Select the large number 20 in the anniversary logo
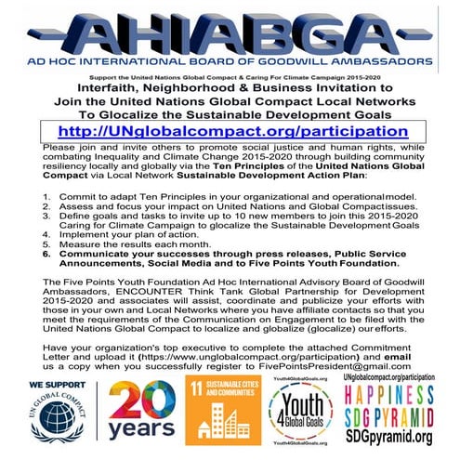coord(138,401)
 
